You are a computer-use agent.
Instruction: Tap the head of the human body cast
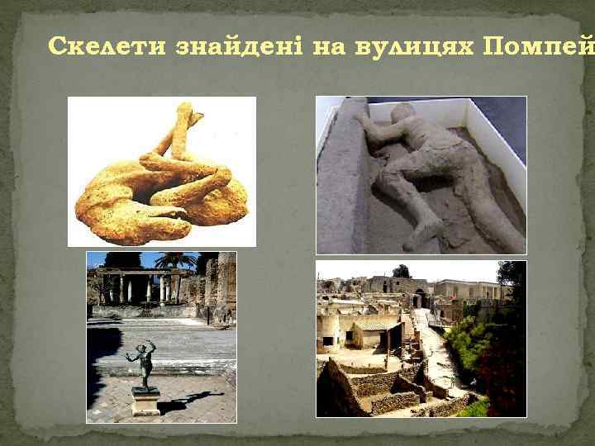[402, 116]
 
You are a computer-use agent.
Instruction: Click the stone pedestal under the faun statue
[145, 402]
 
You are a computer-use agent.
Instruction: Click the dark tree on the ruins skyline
[402, 271]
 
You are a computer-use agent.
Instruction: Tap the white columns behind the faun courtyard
[132, 289]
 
